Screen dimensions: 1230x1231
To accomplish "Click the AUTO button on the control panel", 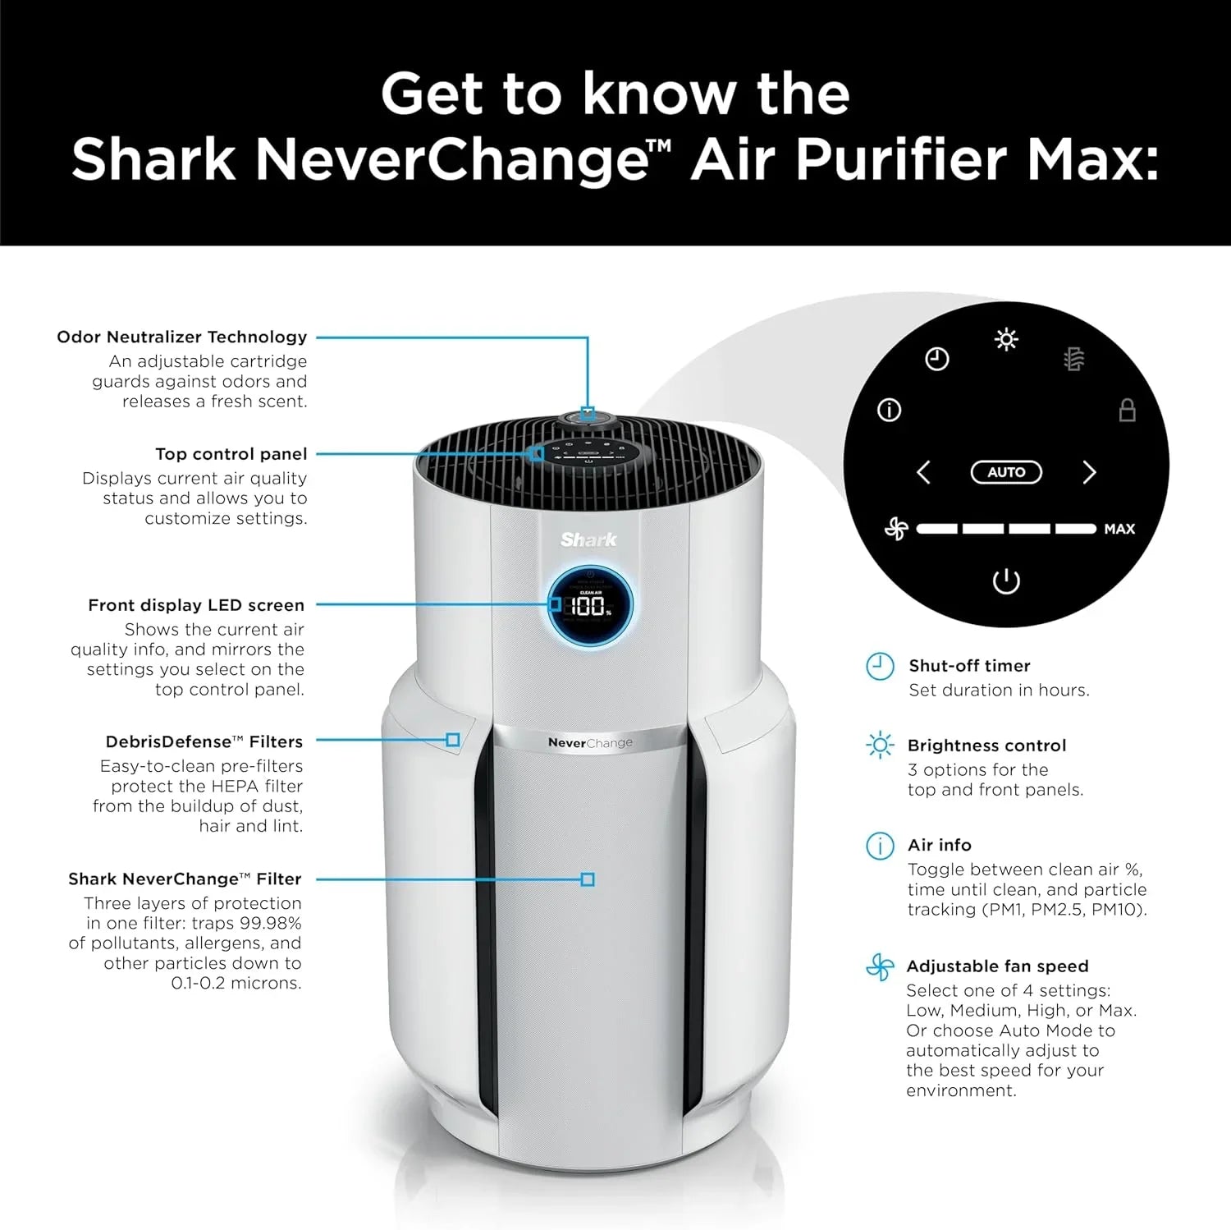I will click(1006, 472).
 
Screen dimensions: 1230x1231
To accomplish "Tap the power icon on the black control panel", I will click(1006, 581).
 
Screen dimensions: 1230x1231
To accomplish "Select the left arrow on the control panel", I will click(924, 472).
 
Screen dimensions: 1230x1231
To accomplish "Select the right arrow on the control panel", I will click(1089, 472).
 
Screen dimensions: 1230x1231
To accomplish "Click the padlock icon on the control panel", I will click(1128, 410).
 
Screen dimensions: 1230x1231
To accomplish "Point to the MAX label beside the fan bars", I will click(1119, 530).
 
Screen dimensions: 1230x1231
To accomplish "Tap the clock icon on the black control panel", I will click(937, 359).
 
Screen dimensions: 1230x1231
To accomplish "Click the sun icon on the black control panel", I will click(1006, 339).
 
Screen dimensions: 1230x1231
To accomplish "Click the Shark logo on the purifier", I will click(588, 539).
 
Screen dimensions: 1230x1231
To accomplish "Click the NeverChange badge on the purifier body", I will click(590, 742).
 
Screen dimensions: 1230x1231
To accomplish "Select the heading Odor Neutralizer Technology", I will click(181, 337).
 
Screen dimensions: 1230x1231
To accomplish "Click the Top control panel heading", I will click(231, 454).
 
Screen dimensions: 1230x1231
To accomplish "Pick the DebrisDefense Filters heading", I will click(204, 741).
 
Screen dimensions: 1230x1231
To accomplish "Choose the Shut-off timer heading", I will click(969, 666).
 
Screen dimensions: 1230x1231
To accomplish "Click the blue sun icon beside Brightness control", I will click(880, 746).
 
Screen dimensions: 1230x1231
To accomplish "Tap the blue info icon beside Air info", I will click(880, 846).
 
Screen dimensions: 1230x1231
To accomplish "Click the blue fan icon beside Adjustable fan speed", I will click(880, 967).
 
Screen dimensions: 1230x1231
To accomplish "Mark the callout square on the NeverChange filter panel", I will click(588, 879).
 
